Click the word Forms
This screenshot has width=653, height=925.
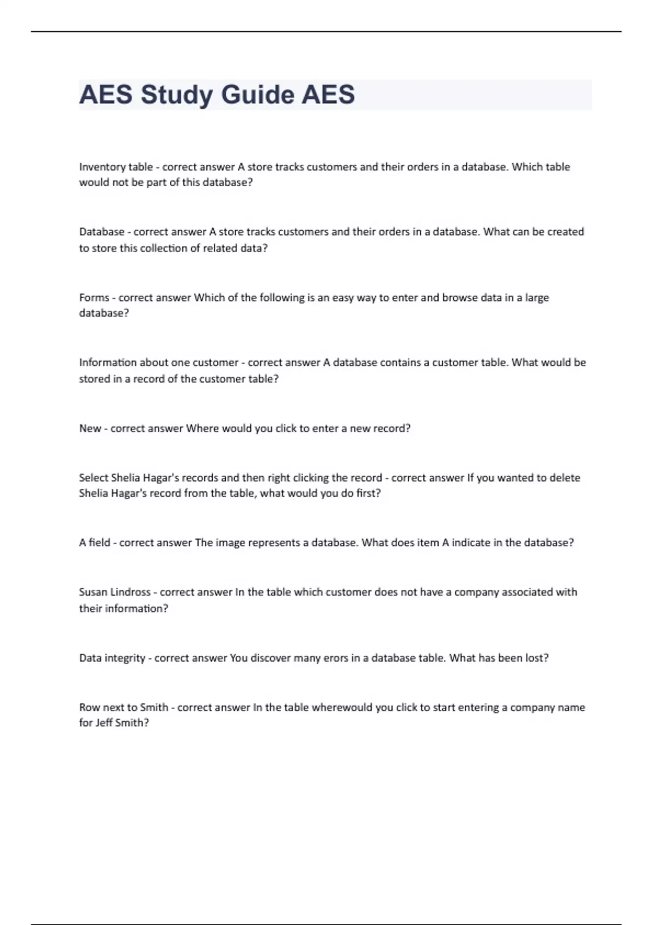94,298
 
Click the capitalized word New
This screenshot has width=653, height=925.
90,428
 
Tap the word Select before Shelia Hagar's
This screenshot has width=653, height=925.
94,478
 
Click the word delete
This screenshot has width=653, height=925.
565,478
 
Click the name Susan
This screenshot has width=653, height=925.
93,592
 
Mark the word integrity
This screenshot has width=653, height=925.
125,658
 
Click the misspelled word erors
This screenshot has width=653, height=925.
336,658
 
